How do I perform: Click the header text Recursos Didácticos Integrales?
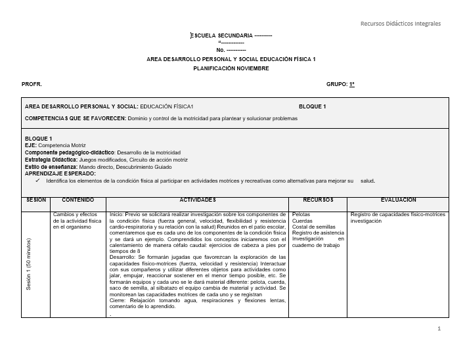coord(400,24)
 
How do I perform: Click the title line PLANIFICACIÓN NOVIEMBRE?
coord(231,68)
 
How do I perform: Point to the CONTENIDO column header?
coord(77,200)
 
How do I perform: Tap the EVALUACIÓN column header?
coord(398,200)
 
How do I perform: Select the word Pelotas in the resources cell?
coord(301,215)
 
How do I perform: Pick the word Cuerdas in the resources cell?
coord(302,221)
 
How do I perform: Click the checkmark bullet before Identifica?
coord(37,180)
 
